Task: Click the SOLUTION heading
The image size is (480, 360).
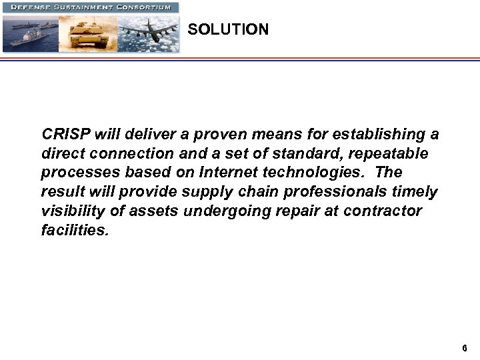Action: (x=228, y=30)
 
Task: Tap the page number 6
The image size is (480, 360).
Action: (x=465, y=348)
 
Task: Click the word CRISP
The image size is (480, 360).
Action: (x=64, y=135)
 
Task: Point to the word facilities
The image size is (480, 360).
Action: (x=73, y=231)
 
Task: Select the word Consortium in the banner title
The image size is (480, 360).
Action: (x=145, y=7)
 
